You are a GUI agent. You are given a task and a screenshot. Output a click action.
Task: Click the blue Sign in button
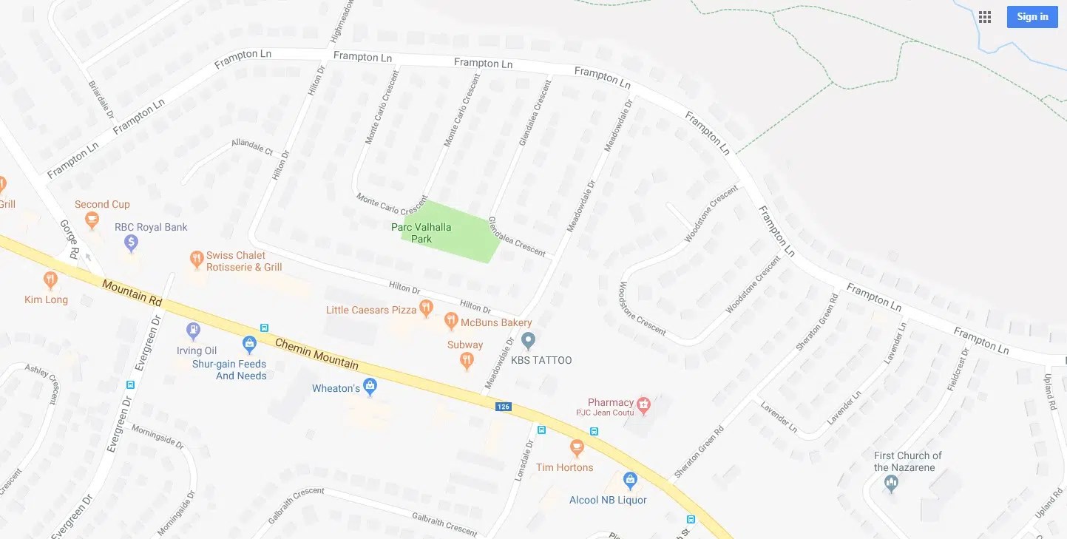tap(1032, 17)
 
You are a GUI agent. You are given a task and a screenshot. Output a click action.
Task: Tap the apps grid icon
tap(985, 17)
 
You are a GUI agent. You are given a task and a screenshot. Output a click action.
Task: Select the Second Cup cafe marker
tap(92, 219)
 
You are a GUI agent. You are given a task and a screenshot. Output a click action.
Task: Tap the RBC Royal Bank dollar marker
tap(131, 242)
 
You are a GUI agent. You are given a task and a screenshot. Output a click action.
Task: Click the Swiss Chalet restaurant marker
tap(197, 259)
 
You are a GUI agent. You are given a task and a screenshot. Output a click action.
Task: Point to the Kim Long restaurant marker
tap(50, 280)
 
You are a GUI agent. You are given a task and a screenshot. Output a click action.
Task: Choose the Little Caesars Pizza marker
tap(426, 308)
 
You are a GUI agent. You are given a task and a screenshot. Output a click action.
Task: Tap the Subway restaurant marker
tap(467, 360)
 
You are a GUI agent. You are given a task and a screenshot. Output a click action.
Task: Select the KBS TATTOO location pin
tap(528, 341)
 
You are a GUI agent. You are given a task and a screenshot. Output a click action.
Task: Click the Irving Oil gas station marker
tap(194, 330)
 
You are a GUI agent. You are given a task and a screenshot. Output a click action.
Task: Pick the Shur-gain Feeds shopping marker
tap(250, 344)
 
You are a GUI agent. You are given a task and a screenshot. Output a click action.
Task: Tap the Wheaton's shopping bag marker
tap(370, 387)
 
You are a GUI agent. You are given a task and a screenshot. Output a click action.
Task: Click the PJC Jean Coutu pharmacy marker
tap(643, 404)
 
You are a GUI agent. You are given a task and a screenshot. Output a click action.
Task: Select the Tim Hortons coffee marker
tap(577, 448)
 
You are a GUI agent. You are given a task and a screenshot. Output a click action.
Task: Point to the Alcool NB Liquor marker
tap(630, 481)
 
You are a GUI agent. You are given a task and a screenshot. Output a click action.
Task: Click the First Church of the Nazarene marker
tap(891, 484)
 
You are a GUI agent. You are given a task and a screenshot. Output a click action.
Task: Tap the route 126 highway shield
tap(504, 407)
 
